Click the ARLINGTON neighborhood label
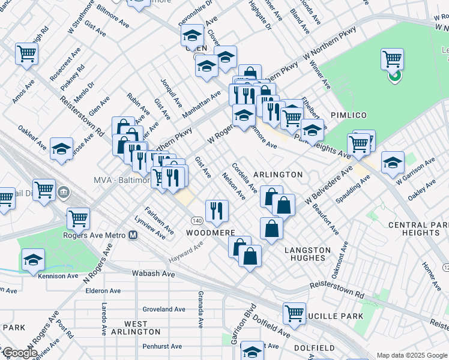[x=278, y=175]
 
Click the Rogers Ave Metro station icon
[x=133, y=235]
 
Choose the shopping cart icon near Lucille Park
[x=294, y=313]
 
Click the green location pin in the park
[x=394, y=76]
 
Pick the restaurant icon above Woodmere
[x=216, y=209]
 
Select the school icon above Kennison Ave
[x=34, y=260]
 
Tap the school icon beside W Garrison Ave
[x=393, y=163]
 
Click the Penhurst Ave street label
[x=159, y=346]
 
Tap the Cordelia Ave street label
[x=244, y=178]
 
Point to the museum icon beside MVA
[x=64, y=193]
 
